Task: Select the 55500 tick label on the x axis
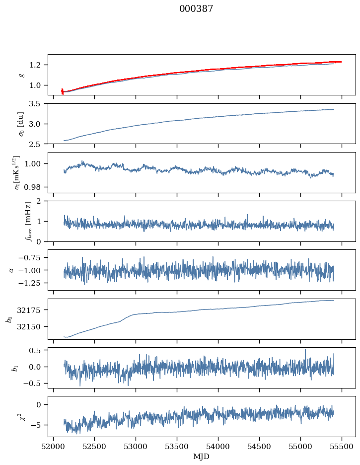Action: (x=342, y=446)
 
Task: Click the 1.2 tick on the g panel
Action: (x=39, y=65)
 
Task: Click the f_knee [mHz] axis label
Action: (x=14, y=221)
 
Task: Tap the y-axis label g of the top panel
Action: (x=21, y=75)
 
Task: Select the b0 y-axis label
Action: (x=9, y=318)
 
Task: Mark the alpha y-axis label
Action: (x=11, y=270)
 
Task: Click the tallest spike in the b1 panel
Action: (x=305, y=349)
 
